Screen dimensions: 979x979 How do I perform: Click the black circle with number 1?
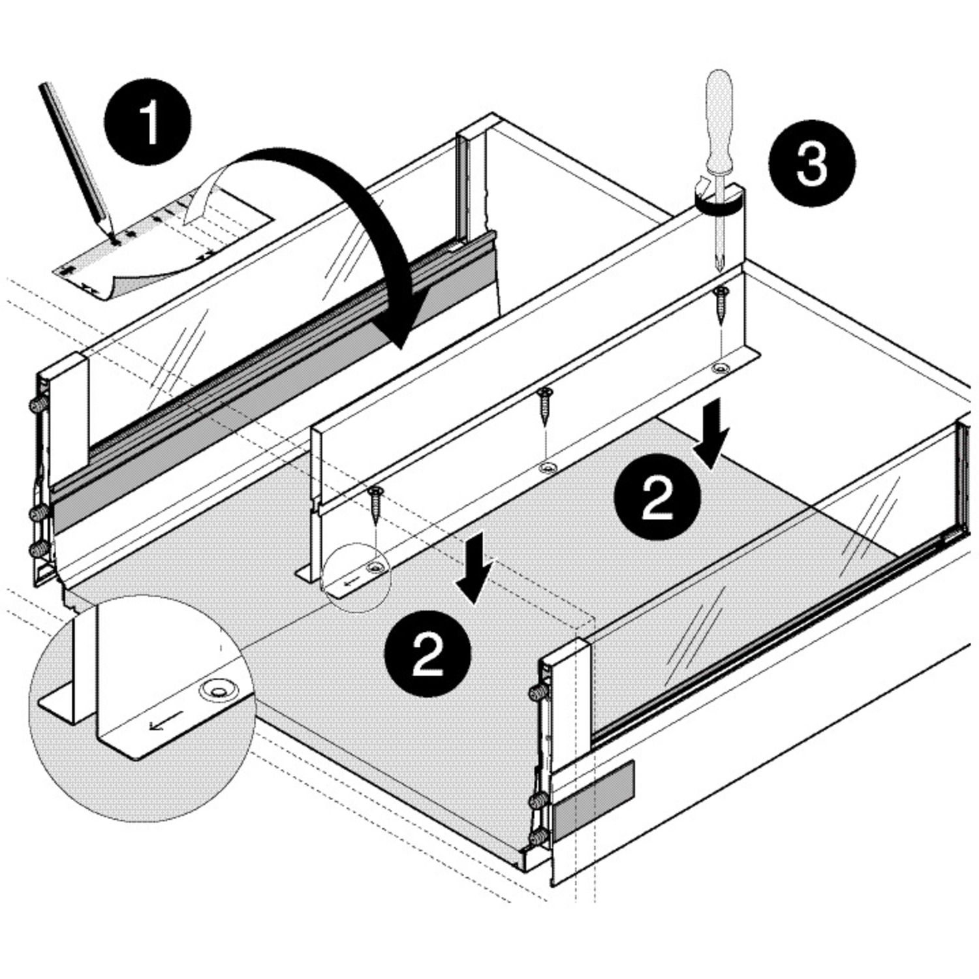pos(148,122)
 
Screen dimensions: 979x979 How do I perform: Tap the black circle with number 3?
pos(811,163)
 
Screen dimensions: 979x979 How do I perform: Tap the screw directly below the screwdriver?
pos(721,303)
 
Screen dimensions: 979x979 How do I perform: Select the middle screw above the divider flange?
pos(544,405)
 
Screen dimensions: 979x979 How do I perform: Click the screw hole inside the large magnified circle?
pos(218,687)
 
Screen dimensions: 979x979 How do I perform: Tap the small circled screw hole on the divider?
pos(375,567)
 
